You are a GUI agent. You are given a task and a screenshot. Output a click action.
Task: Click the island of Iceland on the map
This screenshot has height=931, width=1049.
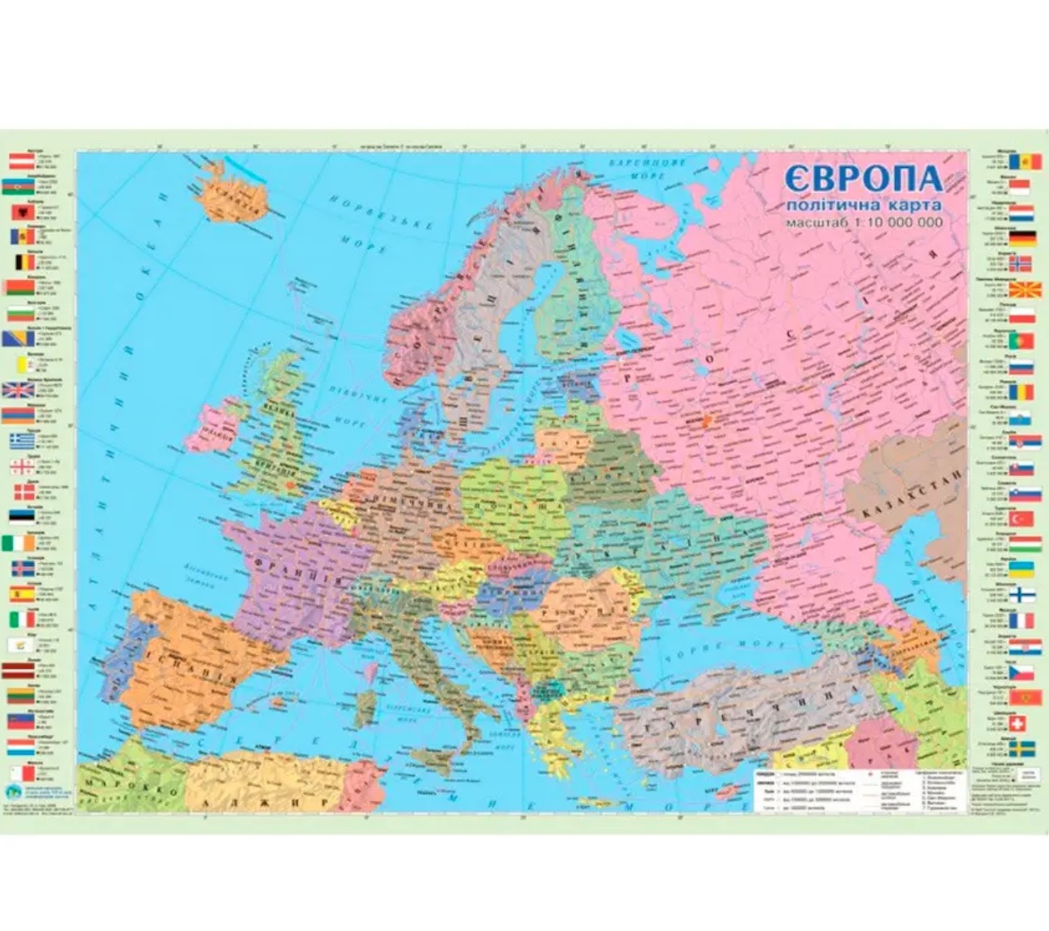pyautogui.click(x=235, y=194)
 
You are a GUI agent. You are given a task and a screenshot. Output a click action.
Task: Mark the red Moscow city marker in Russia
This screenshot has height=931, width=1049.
pyautogui.click(x=708, y=420)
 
